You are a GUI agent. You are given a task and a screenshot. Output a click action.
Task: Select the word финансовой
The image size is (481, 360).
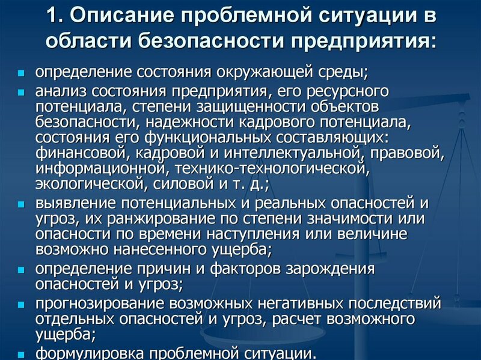(x=72, y=153)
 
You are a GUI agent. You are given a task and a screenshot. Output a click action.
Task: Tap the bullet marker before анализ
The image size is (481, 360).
(x=21, y=94)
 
